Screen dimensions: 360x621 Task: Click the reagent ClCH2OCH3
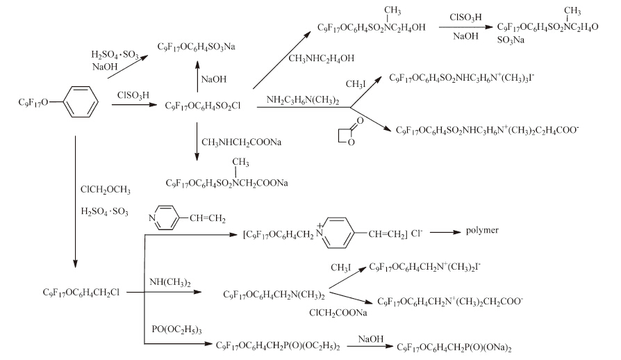pos(105,189)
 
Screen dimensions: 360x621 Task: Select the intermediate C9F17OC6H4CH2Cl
pos(81,293)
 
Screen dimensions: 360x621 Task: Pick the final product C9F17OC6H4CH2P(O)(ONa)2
pos(456,345)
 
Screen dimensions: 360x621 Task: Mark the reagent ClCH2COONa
pos(338,313)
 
